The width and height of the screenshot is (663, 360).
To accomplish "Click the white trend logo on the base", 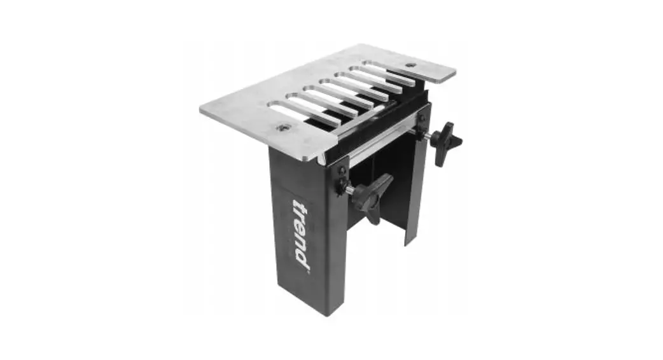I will [301, 233].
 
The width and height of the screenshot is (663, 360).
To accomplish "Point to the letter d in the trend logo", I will [304, 258].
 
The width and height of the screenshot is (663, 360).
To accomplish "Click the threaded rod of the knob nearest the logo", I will [349, 190].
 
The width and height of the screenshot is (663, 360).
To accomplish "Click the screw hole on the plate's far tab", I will [410, 65].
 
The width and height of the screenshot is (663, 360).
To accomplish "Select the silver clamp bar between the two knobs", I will [382, 144].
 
